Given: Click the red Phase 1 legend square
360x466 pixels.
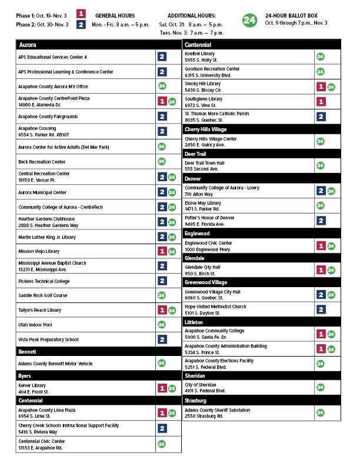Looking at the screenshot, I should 82,14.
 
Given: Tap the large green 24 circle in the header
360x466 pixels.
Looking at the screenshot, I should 249,20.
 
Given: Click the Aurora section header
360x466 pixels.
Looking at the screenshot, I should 28,45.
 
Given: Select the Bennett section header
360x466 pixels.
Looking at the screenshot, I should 28,351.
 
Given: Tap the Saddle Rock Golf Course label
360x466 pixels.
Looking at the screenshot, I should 42,295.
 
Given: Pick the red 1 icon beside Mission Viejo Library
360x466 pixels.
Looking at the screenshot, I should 162,251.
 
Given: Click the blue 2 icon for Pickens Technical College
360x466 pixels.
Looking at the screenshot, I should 162,281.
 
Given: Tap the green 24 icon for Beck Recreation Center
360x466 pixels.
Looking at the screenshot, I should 162,161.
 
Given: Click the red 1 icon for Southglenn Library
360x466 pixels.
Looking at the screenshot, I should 321,101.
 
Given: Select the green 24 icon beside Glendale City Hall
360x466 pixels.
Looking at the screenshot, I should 331,269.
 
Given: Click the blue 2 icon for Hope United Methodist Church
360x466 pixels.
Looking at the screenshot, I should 321,309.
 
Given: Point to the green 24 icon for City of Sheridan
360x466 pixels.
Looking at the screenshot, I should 320,387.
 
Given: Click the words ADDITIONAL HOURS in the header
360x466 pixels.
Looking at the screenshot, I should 191,15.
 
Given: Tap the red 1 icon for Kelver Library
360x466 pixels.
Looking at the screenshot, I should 162,388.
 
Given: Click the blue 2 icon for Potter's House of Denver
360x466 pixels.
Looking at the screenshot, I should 321,221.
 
